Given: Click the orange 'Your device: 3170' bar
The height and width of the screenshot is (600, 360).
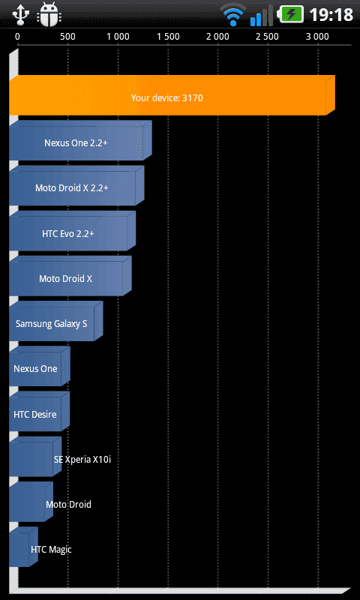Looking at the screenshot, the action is [x=172, y=95].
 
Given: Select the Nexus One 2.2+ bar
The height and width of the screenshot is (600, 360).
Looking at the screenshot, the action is [x=80, y=140].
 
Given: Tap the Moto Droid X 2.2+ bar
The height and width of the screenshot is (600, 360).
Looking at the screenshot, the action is [x=76, y=185].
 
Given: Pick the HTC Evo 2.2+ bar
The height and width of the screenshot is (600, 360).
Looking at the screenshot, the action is [x=72, y=231].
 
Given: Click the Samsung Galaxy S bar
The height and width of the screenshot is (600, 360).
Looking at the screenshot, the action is [x=55, y=321].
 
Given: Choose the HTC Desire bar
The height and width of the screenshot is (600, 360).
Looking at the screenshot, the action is [x=40, y=411].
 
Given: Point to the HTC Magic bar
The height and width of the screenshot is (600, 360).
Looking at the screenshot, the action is [x=23, y=547].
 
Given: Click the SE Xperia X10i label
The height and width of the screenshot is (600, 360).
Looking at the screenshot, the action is [x=82, y=460].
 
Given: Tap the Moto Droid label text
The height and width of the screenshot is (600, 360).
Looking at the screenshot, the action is [x=68, y=504].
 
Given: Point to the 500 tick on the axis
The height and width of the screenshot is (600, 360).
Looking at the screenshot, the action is [x=67, y=37].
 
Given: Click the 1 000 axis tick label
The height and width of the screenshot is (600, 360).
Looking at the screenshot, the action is [x=118, y=37].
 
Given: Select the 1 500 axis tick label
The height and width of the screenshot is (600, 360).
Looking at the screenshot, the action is [x=168, y=37].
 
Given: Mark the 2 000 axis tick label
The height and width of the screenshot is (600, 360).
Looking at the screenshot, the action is [x=218, y=37].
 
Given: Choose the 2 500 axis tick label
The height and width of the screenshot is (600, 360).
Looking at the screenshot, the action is [x=268, y=37].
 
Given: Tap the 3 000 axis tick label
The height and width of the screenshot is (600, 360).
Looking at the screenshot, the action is [x=318, y=37].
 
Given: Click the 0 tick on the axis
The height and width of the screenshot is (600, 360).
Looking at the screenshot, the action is [x=17, y=37].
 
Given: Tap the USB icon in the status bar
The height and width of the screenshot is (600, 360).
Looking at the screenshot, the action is [x=20, y=14].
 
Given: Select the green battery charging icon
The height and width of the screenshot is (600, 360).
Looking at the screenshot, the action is [x=292, y=14].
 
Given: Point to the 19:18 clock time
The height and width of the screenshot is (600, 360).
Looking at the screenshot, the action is [x=331, y=15].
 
